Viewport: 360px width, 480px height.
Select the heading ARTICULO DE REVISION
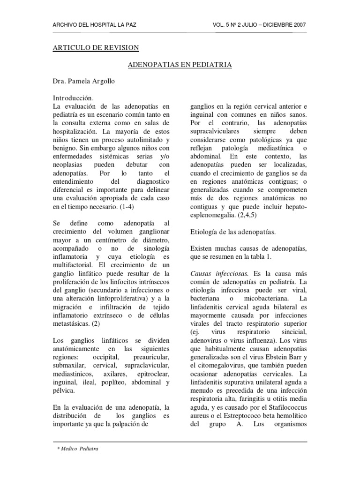(x=95, y=48)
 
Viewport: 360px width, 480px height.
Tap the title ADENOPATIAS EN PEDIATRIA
(x=180, y=65)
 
